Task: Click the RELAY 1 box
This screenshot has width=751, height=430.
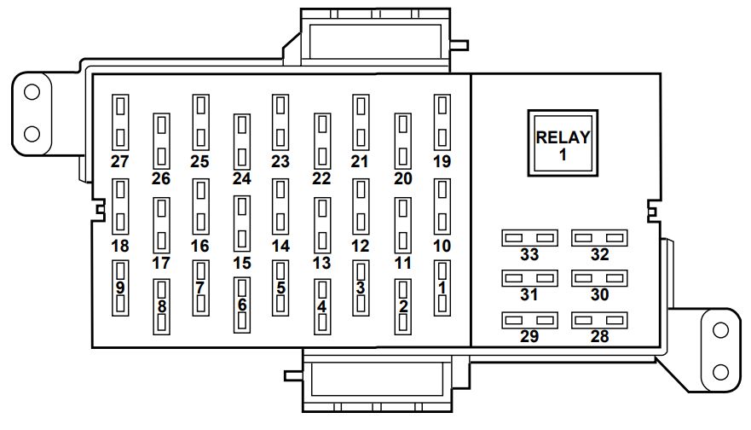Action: pos(562,142)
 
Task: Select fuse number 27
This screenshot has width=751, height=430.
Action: pos(120,121)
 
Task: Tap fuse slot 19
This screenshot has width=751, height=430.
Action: pos(442,121)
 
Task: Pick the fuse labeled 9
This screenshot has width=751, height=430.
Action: pos(120,288)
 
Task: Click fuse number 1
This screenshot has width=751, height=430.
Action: pos(442,288)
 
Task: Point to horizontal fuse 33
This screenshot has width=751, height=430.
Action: pos(529,237)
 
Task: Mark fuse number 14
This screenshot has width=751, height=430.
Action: pos(280,206)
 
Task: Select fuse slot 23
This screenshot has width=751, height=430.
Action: pos(280,121)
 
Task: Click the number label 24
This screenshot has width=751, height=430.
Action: pos(242,179)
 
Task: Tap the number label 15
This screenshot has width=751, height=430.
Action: pos(242,263)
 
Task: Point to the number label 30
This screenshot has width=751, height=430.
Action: pos(599,295)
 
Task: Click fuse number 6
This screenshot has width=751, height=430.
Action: pos(242,305)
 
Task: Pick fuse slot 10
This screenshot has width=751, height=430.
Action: pos(442,206)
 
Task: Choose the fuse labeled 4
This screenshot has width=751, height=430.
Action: pos(321,305)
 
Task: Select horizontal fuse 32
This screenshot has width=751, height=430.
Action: pos(599,237)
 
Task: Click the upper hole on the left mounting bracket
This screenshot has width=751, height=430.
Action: pos(32,91)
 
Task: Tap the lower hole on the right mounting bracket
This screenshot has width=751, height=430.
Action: pos(720,372)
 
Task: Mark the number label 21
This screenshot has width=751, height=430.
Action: pos(359,161)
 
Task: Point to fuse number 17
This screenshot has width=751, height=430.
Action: pos(161,224)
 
